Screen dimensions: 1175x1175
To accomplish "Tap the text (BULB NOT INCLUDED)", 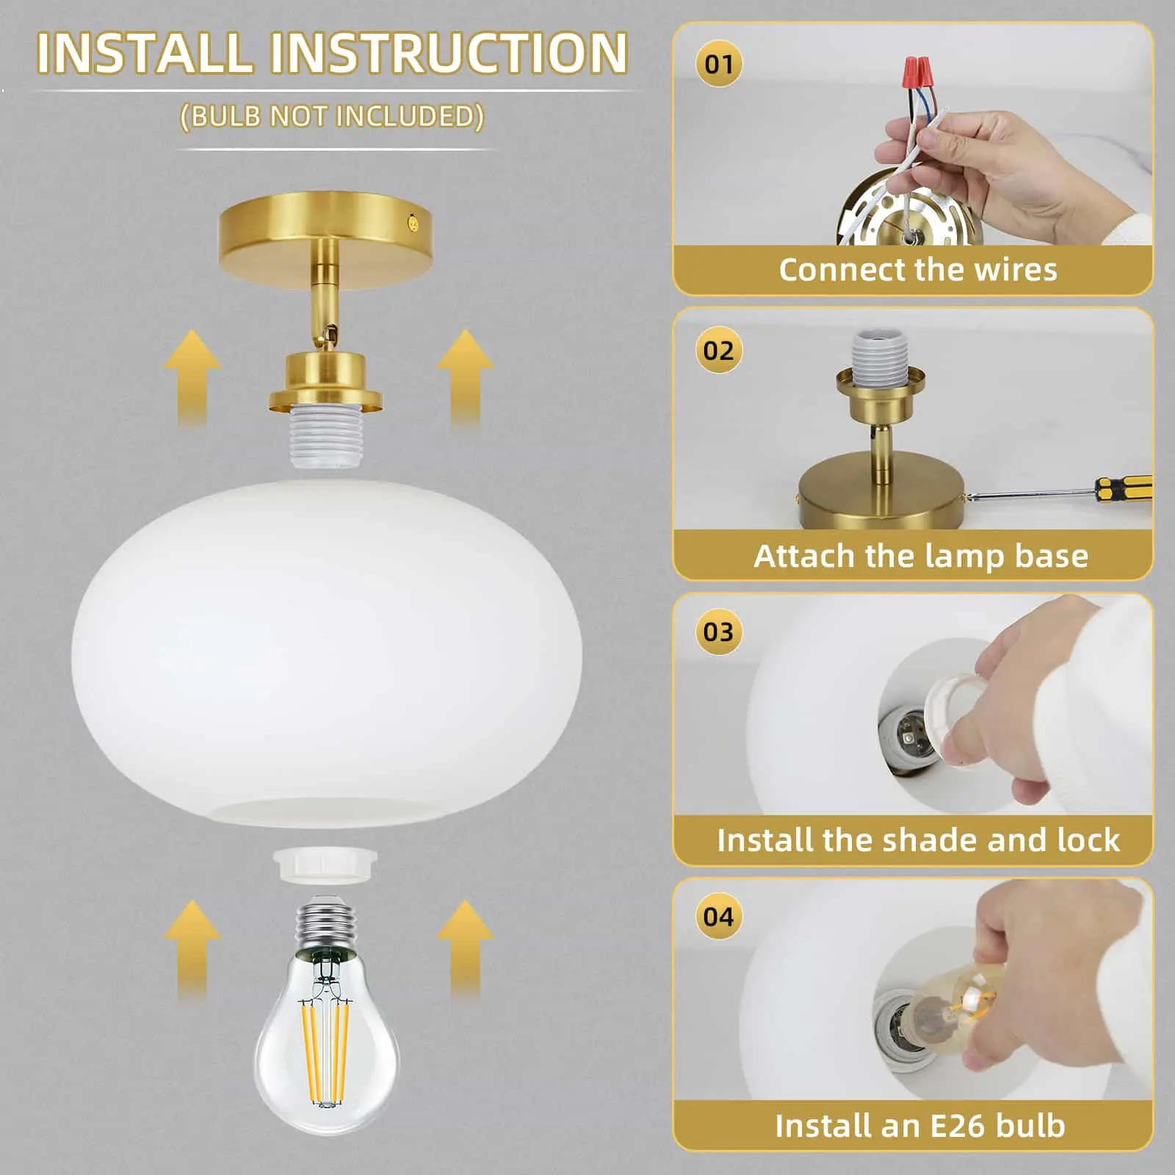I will click(332, 117).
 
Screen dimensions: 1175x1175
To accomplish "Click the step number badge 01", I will click(719, 65).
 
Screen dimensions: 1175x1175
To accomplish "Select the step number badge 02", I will click(718, 350).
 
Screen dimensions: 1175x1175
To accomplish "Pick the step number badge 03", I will click(718, 632).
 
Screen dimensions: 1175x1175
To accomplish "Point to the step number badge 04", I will click(718, 916).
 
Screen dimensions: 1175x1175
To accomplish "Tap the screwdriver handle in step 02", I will click(1124, 488).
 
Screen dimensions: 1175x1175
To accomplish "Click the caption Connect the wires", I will click(917, 270).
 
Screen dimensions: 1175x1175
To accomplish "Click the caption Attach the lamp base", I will click(920, 556).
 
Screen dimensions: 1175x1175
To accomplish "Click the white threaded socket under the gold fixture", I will click(325, 440).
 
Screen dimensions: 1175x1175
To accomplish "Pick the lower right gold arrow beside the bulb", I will click(465, 947).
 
